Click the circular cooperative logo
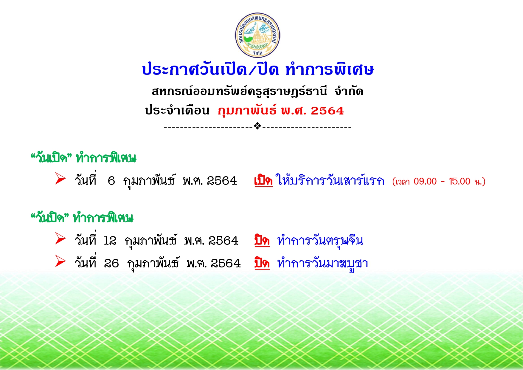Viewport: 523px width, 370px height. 257,35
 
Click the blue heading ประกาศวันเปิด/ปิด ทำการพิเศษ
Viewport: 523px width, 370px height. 258,69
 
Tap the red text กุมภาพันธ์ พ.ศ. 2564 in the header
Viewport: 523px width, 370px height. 281,111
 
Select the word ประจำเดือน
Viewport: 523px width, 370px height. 177,110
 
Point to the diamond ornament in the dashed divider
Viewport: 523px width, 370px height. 257,126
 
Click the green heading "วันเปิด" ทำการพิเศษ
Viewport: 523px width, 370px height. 83,158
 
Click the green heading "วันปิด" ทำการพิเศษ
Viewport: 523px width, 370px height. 82,218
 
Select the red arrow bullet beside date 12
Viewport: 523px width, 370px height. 60,239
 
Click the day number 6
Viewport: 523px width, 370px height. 111,181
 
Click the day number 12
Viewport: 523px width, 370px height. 110,241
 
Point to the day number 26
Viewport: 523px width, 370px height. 111,263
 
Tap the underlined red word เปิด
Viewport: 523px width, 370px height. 263,180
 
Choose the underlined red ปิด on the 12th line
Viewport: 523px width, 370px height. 262,240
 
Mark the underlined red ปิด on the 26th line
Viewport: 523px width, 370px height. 262,263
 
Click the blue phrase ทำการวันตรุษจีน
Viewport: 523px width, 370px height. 320,240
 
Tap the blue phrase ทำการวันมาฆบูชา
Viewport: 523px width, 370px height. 322,264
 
